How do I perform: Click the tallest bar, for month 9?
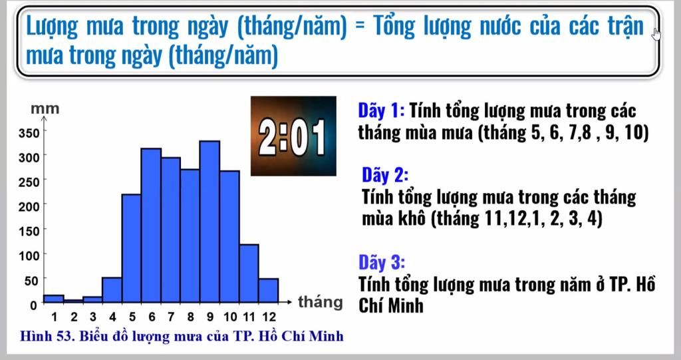point(209,222)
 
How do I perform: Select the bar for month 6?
point(151,225)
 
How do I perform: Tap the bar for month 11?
point(249,273)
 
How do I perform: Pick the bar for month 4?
point(112,289)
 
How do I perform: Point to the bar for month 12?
point(269,290)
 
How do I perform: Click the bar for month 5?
point(132,248)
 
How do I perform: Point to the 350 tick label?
point(29,133)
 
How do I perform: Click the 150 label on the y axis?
point(29,231)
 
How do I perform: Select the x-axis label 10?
point(230,317)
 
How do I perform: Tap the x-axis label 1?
point(55,317)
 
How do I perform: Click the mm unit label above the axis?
point(45,108)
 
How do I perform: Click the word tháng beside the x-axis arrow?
point(320,302)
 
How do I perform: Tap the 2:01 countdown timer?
point(293,136)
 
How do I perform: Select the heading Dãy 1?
point(381,110)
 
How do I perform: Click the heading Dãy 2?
point(385,175)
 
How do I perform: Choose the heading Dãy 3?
point(382,262)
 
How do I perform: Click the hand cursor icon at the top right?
point(656,33)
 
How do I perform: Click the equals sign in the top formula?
point(360,27)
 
